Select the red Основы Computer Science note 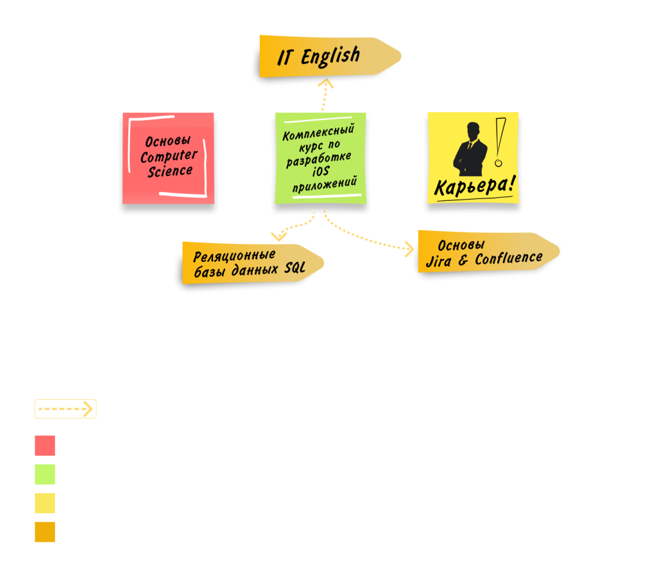pos(169,159)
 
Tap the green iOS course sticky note pos(321,159)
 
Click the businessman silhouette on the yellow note pos(470,149)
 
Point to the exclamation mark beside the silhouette pos(500,142)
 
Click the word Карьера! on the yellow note pos(474,186)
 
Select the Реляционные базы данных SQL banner pos(253,263)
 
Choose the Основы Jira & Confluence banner pos(488,252)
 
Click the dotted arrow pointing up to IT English pos(325,95)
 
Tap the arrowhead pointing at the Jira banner pos(409,249)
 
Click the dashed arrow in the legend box pos(65,409)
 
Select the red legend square pos(45,445)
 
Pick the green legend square pos(45,474)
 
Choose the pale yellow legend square pos(45,503)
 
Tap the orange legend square pos(45,532)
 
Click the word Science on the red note pos(170,171)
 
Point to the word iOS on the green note pos(321,171)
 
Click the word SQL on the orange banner pos(295,268)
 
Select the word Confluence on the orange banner pos(509,259)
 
